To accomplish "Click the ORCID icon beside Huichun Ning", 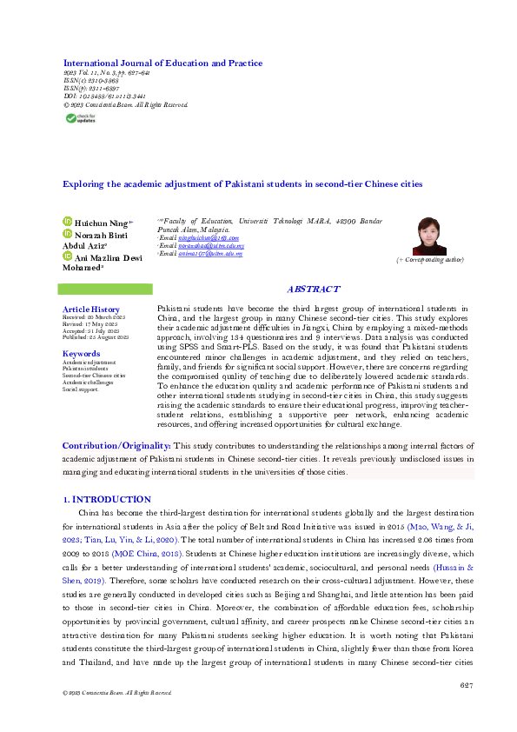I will coord(69,223).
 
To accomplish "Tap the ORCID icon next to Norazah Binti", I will coord(69,235).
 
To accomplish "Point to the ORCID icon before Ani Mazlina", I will coord(69,257).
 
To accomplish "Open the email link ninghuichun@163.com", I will coord(202,237).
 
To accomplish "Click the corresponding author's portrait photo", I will coord(428,236).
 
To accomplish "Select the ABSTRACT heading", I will coord(313,289).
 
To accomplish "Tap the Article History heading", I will coord(91,309).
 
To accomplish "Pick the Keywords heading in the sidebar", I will coord(82,354).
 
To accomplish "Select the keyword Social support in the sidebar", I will coord(80,389).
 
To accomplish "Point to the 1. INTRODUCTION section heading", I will coord(108,499).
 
